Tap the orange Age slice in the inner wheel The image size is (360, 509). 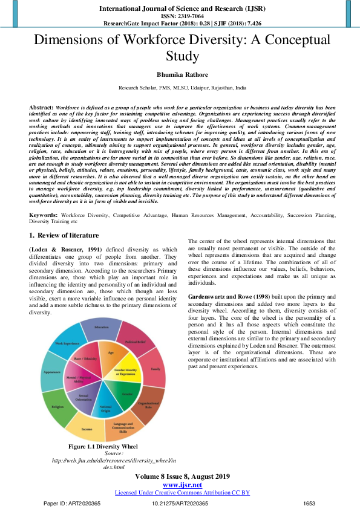click(111, 354)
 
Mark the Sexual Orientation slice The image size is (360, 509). click(85, 399)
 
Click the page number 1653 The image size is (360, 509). click(309, 503)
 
